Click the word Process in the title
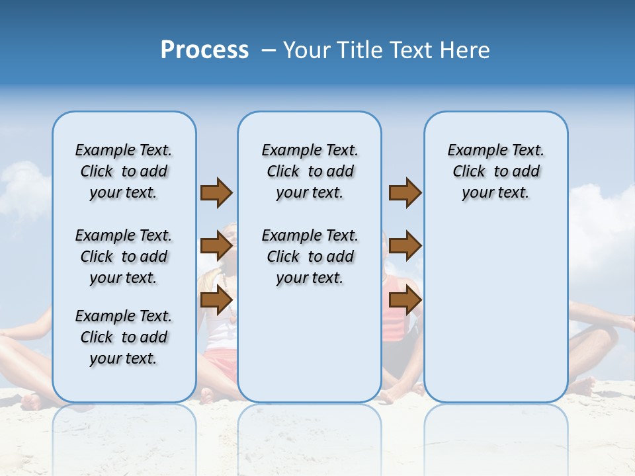(x=204, y=50)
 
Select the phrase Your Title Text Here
(x=386, y=50)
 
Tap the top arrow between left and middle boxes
(x=216, y=192)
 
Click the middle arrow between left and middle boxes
(x=216, y=247)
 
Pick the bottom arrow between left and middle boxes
(x=216, y=301)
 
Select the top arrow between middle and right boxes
(x=405, y=192)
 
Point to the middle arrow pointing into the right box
(x=405, y=247)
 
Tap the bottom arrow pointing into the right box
(x=405, y=301)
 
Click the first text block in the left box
(x=124, y=171)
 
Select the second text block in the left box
(x=124, y=257)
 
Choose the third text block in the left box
(x=124, y=337)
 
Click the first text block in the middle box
(x=310, y=171)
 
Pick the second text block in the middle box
(x=310, y=257)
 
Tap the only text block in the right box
(x=495, y=171)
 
